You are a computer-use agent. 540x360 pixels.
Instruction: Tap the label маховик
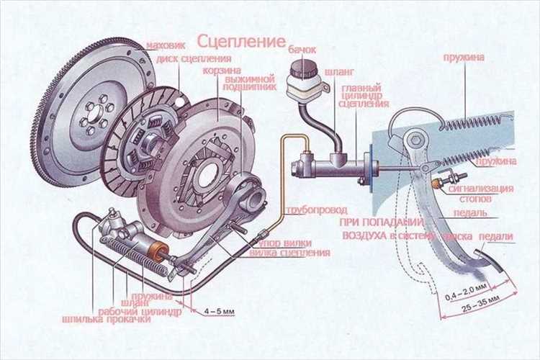(166, 46)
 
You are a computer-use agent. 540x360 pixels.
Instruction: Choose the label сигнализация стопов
(481, 194)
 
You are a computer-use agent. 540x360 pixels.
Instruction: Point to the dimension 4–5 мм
(220, 311)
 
